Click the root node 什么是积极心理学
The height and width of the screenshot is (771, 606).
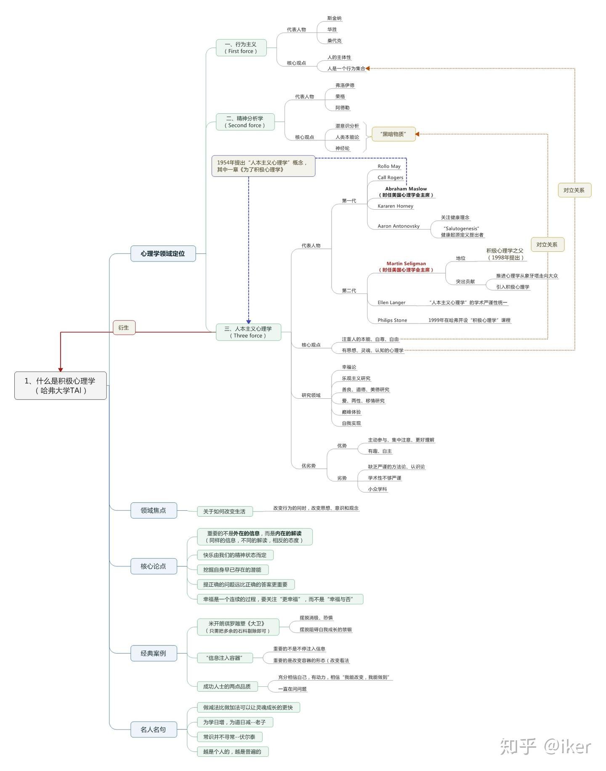pos(61,385)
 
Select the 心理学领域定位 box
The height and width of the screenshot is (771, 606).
pos(163,253)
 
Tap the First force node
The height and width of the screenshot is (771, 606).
pos(241,48)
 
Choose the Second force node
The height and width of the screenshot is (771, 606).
pos(245,122)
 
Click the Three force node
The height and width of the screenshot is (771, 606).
pos(248,332)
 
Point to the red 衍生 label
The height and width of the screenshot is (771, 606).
pos(124,328)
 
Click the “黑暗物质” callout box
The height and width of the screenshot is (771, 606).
pos(393,134)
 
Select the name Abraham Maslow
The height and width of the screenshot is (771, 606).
pos(406,189)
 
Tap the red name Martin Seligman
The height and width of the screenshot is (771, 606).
pos(406,264)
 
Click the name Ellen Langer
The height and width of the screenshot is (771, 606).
pos(391,302)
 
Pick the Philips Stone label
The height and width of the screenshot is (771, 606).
pos(392,320)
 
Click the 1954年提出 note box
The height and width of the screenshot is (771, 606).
pos(263,166)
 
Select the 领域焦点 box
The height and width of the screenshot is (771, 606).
pos(154,510)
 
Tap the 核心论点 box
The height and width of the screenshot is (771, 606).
pos(154,566)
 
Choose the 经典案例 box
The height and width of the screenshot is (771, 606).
pos(154,653)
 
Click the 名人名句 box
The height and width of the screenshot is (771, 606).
pos(154,729)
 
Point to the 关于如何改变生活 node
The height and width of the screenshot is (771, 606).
pos(225,511)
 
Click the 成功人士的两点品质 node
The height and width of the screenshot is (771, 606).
pos(227,686)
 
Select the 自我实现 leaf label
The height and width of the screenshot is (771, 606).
pos(351,423)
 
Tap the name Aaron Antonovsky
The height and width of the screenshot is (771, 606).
pos(399,226)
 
